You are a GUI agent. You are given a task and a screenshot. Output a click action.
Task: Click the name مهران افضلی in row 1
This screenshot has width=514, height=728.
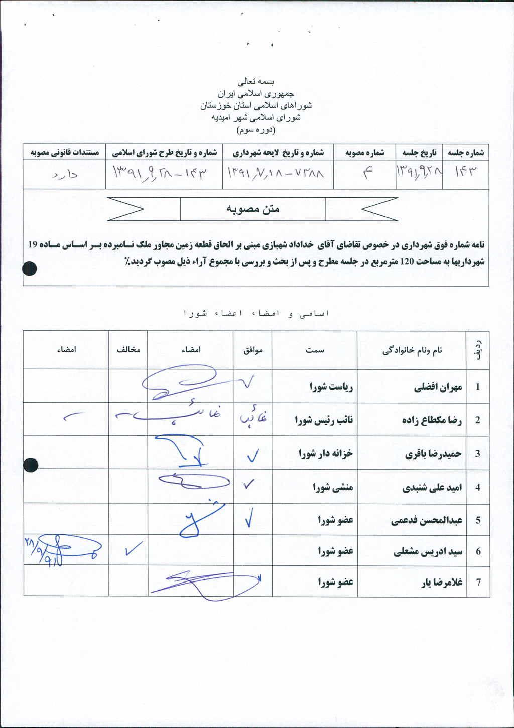[438, 387]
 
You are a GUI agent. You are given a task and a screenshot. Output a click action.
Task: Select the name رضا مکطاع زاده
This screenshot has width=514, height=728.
[432, 420]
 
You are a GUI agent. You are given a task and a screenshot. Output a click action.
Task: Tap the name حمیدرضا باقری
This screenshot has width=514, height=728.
[433, 454]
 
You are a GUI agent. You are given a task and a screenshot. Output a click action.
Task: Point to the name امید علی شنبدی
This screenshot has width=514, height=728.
[432, 487]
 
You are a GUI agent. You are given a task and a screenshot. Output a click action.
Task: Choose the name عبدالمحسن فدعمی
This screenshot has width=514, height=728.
[427, 520]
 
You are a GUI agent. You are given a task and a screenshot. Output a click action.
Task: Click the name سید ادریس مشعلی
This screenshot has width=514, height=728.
[428, 552]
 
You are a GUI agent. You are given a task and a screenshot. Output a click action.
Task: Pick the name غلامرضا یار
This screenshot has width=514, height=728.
[442, 583]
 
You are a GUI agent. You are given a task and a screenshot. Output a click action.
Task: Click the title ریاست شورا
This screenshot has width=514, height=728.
[331, 387]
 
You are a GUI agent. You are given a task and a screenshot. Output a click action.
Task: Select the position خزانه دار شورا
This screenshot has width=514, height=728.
[326, 454]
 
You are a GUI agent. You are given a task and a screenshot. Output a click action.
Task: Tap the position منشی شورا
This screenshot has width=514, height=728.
[333, 487]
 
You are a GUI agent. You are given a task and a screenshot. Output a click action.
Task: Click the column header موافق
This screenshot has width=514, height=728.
[253, 350]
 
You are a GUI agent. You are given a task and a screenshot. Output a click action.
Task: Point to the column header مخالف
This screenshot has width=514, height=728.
[128, 350]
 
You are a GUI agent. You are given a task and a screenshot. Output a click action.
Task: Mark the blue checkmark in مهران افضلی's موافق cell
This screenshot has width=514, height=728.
[248, 383]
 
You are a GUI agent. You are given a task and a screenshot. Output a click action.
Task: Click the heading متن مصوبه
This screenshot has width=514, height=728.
[252, 209]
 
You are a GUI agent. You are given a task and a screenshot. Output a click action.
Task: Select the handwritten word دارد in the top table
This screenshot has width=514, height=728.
[65, 175]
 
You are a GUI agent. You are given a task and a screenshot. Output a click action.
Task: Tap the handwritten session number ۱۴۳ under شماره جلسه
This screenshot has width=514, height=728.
[465, 172]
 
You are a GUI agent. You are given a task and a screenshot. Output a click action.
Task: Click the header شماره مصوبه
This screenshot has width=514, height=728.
[365, 153]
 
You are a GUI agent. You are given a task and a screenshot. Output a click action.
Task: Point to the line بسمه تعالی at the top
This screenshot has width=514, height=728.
[256, 81]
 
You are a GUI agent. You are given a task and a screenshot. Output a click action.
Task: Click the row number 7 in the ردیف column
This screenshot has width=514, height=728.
[478, 583]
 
